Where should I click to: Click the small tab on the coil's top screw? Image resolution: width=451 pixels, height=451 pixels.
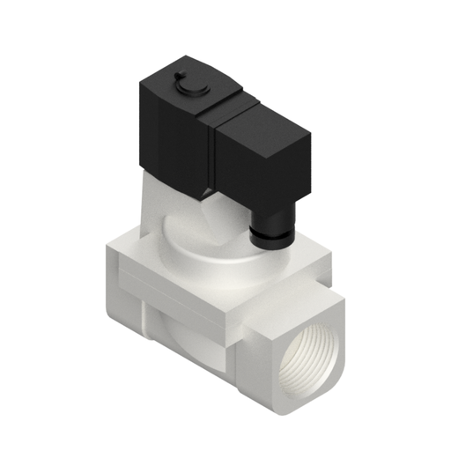181,77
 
